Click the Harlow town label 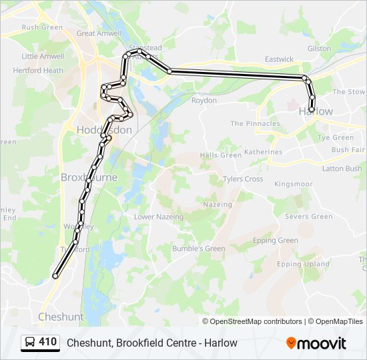[x=316, y=111]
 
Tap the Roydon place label [x=204, y=100]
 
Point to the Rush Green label [x=42, y=27]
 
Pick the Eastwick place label [x=279, y=59]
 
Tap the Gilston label [x=320, y=49]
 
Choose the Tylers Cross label [x=243, y=179]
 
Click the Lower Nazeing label [x=158, y=217]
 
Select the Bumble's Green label [x=198, y=249]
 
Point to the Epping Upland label [x=303, y=264]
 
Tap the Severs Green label [x=308, y=217]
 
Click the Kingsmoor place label [x=293, y=183]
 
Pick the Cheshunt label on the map [x=61, y=317]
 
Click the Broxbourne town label [x=89, y=177]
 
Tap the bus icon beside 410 [x=30, y=343]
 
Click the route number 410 [x=48, y=342]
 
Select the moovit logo [x=316, y=343]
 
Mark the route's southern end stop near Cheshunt [x=55, y=275]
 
